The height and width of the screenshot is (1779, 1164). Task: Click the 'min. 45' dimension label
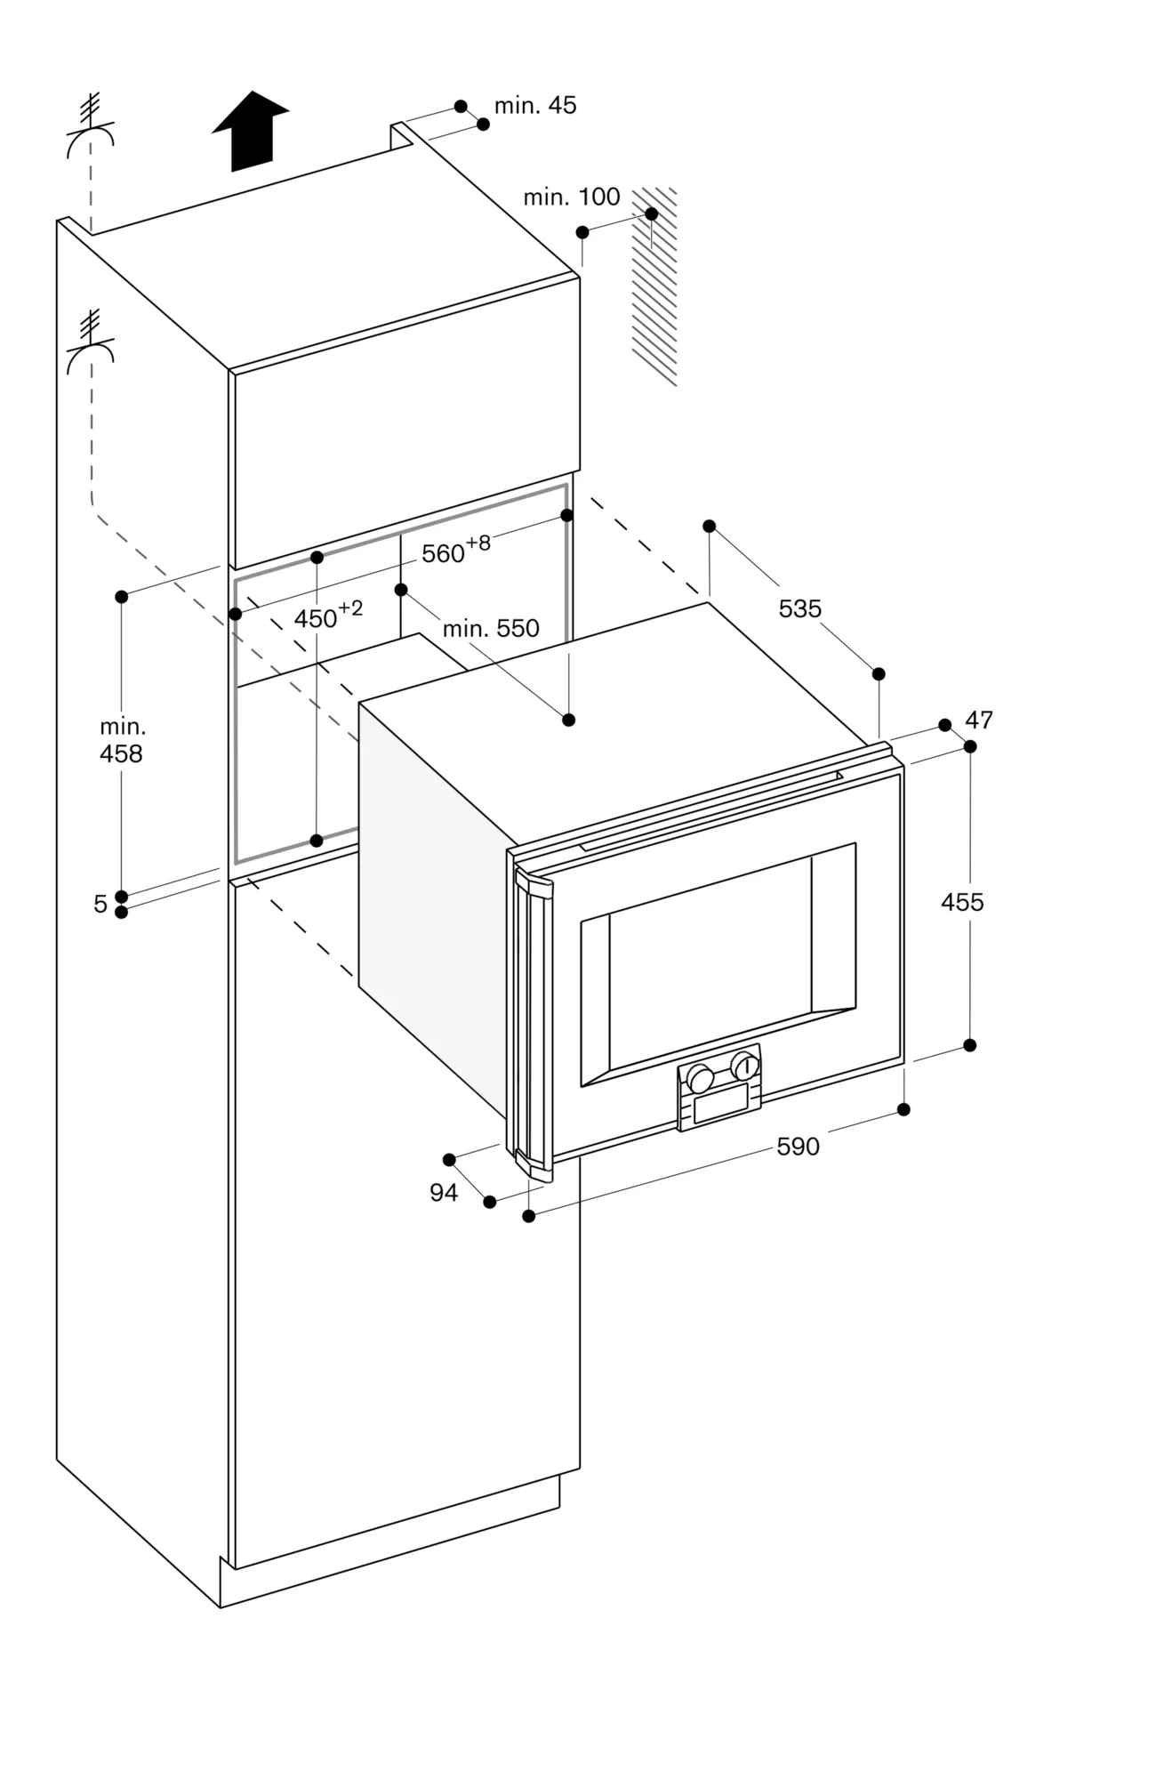534,106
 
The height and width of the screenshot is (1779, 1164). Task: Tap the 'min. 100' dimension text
571,197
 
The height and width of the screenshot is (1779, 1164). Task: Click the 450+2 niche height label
327,616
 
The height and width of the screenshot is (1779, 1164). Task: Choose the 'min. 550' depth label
491,629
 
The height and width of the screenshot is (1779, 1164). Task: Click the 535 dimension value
799,609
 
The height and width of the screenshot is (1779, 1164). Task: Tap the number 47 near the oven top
978,720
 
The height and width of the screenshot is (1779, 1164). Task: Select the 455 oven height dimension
962,902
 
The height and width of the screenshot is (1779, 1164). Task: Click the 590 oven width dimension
798,1147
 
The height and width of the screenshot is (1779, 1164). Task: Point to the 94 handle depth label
444,1193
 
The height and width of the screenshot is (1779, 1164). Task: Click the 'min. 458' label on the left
122,741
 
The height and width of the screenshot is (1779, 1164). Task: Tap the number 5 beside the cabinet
100,905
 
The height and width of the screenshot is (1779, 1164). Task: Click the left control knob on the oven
700,1079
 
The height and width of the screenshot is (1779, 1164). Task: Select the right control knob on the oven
744,1064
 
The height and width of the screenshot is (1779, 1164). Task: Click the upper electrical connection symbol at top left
90,129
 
